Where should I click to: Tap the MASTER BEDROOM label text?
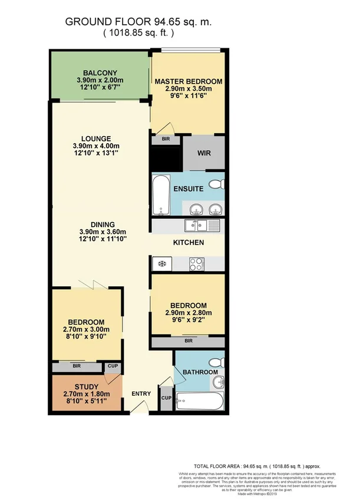click(188, 81)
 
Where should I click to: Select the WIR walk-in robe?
click(203, 154)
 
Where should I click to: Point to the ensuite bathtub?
click(161, 195)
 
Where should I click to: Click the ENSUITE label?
click(188, 189)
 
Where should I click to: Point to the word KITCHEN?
click(189, 243)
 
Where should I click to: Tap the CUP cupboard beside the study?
click(113, 366)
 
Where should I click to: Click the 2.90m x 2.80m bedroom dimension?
click(188, 313)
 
